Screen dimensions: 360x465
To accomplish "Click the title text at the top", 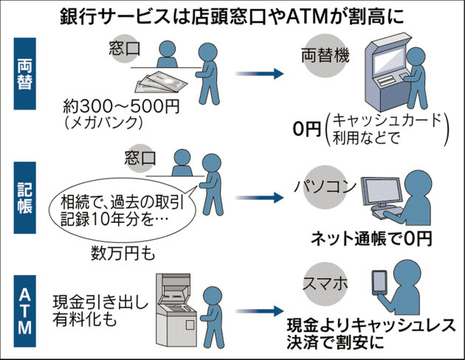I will click(x=232, y=16).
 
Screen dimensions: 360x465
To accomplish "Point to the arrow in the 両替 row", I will click(x=258, y=73).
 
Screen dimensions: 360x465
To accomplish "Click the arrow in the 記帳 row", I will click(x=258, y=197).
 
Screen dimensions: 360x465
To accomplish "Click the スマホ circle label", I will click(x=322, y=284).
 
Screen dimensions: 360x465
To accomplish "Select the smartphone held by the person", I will click(x=379, y=283).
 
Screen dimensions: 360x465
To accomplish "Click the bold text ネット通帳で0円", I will click(x=369, y=238).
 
